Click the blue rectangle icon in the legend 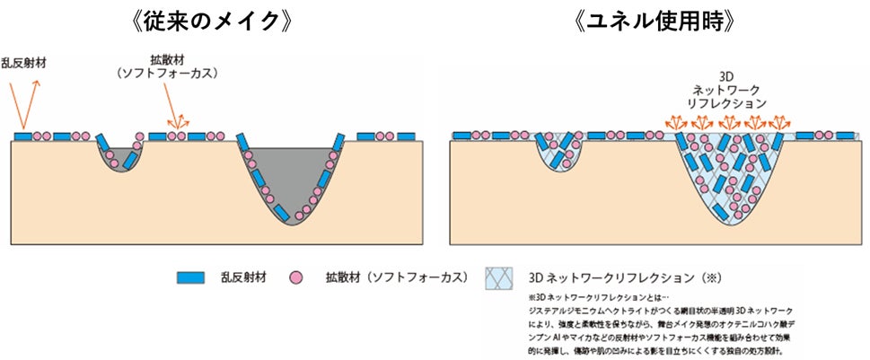pyautogui.click(x=192, y=277)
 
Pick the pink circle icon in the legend pyautogui.click(x=294, y=277)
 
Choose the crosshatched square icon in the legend pyautogui.click(x=501, y=277)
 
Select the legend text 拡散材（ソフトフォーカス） pyautogui.click(x=389, y=277)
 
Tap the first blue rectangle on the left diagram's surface pyautogui.click(x=22, y=136)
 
